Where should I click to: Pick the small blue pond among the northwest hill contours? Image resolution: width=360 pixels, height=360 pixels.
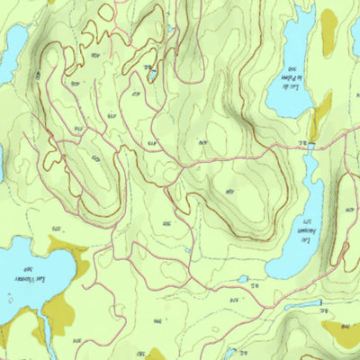(x=154, y=75)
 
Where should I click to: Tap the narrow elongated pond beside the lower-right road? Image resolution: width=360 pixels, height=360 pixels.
(x=306, y=305)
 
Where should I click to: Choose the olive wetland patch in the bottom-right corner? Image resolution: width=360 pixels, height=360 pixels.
(x=342, y=335)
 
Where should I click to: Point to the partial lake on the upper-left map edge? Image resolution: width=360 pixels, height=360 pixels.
(x=11, y=49)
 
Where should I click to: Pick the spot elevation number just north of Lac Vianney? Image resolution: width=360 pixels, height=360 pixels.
(x=58, y=230)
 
